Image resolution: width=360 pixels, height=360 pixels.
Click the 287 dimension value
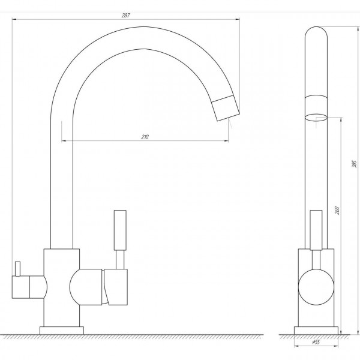(125, 16)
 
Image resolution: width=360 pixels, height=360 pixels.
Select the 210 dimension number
(145, 137)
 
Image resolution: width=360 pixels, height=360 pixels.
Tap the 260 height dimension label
(337, 211)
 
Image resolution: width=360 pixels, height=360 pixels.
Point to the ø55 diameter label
(316, 342)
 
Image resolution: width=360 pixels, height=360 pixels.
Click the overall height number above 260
(355, 164)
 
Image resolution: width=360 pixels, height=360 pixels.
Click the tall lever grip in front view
(120, 230)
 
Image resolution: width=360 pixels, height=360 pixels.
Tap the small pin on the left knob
(17, 269)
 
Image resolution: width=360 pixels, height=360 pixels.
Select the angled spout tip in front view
(226, 107)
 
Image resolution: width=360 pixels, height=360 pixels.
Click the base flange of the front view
(62, 331)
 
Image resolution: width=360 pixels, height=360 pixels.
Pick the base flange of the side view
(316, 331)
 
